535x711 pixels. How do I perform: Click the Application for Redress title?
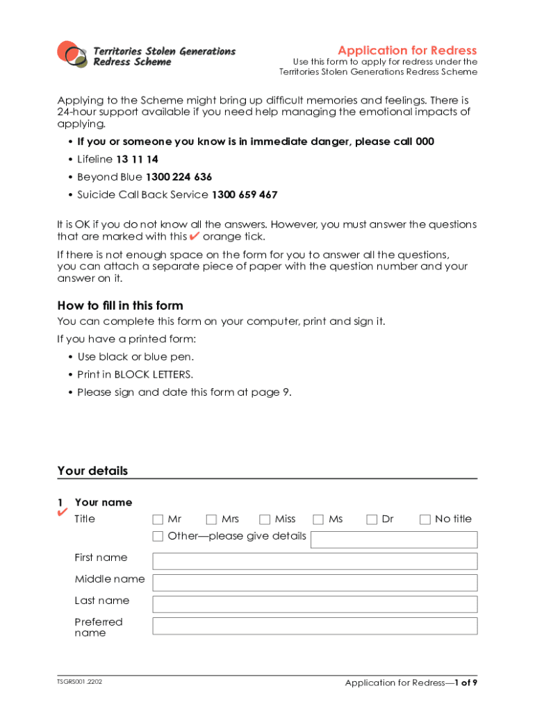(x=407, y=50)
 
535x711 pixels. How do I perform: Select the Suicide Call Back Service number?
(x=244, y=195)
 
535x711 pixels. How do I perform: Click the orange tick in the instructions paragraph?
(x=195, y=236)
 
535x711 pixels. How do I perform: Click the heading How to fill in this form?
(x=120, y=306)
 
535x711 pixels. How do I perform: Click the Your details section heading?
(x=92, y=471)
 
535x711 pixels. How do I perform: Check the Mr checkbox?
(x=158, y=519)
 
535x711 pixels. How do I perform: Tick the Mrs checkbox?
(x=211, y=519)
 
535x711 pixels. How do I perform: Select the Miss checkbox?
(x=265, y=519)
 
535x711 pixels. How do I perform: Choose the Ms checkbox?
(x=318, y=519)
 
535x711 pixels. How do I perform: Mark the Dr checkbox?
(x=372, y=519)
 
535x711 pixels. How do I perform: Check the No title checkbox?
(x=425, y=519)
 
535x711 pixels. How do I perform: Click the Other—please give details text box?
(x=394, y=539)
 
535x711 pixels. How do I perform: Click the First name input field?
(x=315, y=561)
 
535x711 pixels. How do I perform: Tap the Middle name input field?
(x=315, y=583)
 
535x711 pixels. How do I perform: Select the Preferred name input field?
(x=315, y=626)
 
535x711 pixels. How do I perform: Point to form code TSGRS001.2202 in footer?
(x=80, y=682)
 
